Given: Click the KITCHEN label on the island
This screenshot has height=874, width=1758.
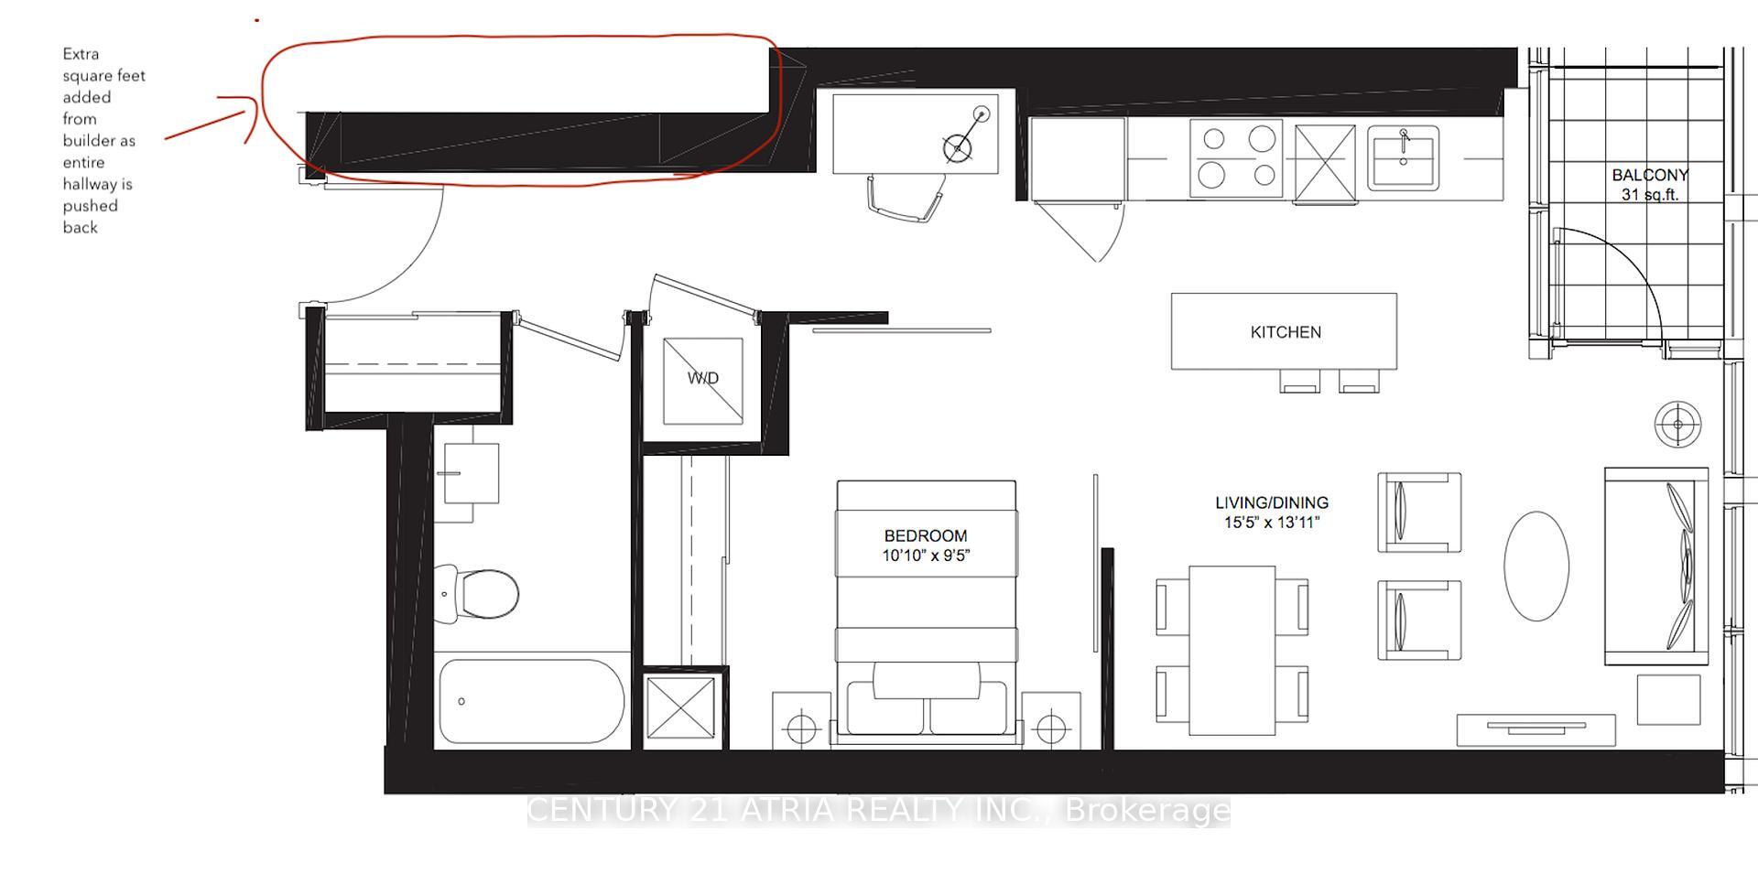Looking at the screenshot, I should click(1286, 332).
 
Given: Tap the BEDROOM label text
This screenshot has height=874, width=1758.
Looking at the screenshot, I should click(925, 535).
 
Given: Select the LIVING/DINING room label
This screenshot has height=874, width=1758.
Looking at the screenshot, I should click(1271, 502).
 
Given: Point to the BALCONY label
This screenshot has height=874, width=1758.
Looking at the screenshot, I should click(1650, 175).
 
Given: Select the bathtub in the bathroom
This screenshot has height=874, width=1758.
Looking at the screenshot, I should click(531, 701).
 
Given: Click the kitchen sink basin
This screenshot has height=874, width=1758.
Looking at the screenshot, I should click(1403, 158).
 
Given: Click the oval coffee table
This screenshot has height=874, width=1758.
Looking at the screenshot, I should click(1536, 566).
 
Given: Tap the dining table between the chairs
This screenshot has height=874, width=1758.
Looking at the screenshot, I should click(1232, 650).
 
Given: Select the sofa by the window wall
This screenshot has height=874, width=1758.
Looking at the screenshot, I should click(1655, 566).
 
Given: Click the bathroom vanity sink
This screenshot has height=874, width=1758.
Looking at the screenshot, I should click(471, 473).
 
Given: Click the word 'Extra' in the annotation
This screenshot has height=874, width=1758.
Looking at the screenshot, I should click(81, 54).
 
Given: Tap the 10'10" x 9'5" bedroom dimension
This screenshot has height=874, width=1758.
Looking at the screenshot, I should click(925, 556).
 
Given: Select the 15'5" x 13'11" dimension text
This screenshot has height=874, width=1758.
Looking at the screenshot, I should click(1271, 523).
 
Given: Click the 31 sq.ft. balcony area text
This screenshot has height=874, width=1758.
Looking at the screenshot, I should click(1649, 195).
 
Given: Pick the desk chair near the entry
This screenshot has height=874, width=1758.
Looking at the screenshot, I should click(906, 198).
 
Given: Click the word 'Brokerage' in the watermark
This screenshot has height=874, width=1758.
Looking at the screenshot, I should click(1148, 810).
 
